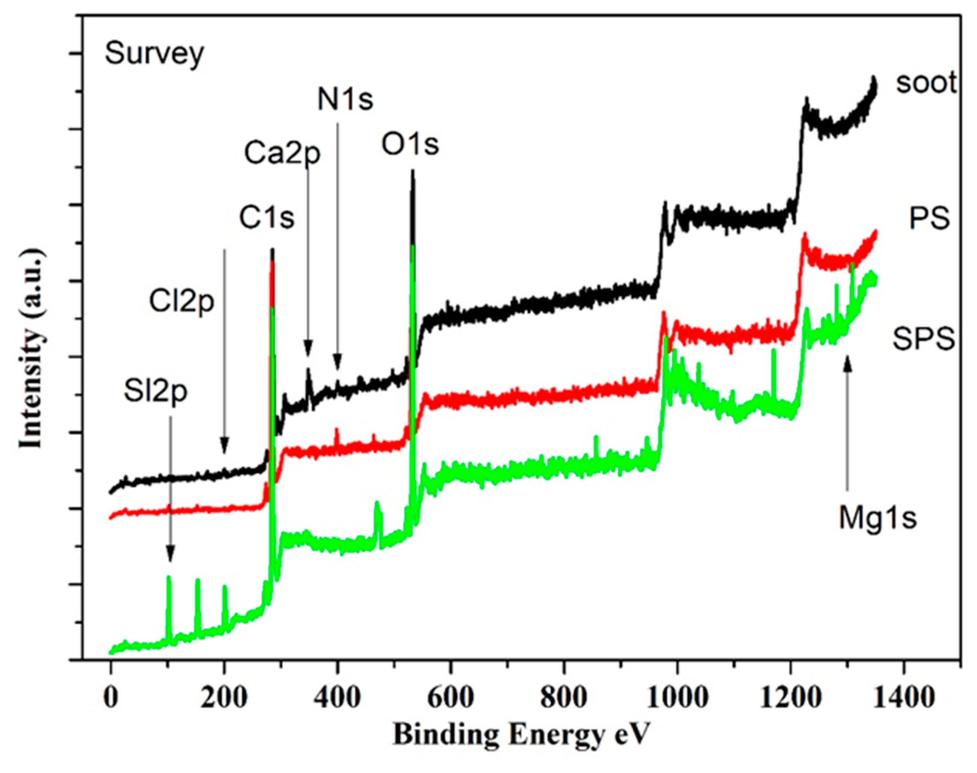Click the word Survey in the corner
tap(154, 54)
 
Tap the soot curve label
tap(926, 83)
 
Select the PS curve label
tap(929, 219)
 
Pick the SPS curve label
tap(923, 340)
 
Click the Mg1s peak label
tap(877, 518)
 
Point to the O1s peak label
tap(410, 145)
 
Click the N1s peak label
tap(345, 100)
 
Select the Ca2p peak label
tap(282, 154)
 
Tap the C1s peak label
tap(266, 218)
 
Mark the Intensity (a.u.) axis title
tap(31, 349)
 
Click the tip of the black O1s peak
tap(412, 171)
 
